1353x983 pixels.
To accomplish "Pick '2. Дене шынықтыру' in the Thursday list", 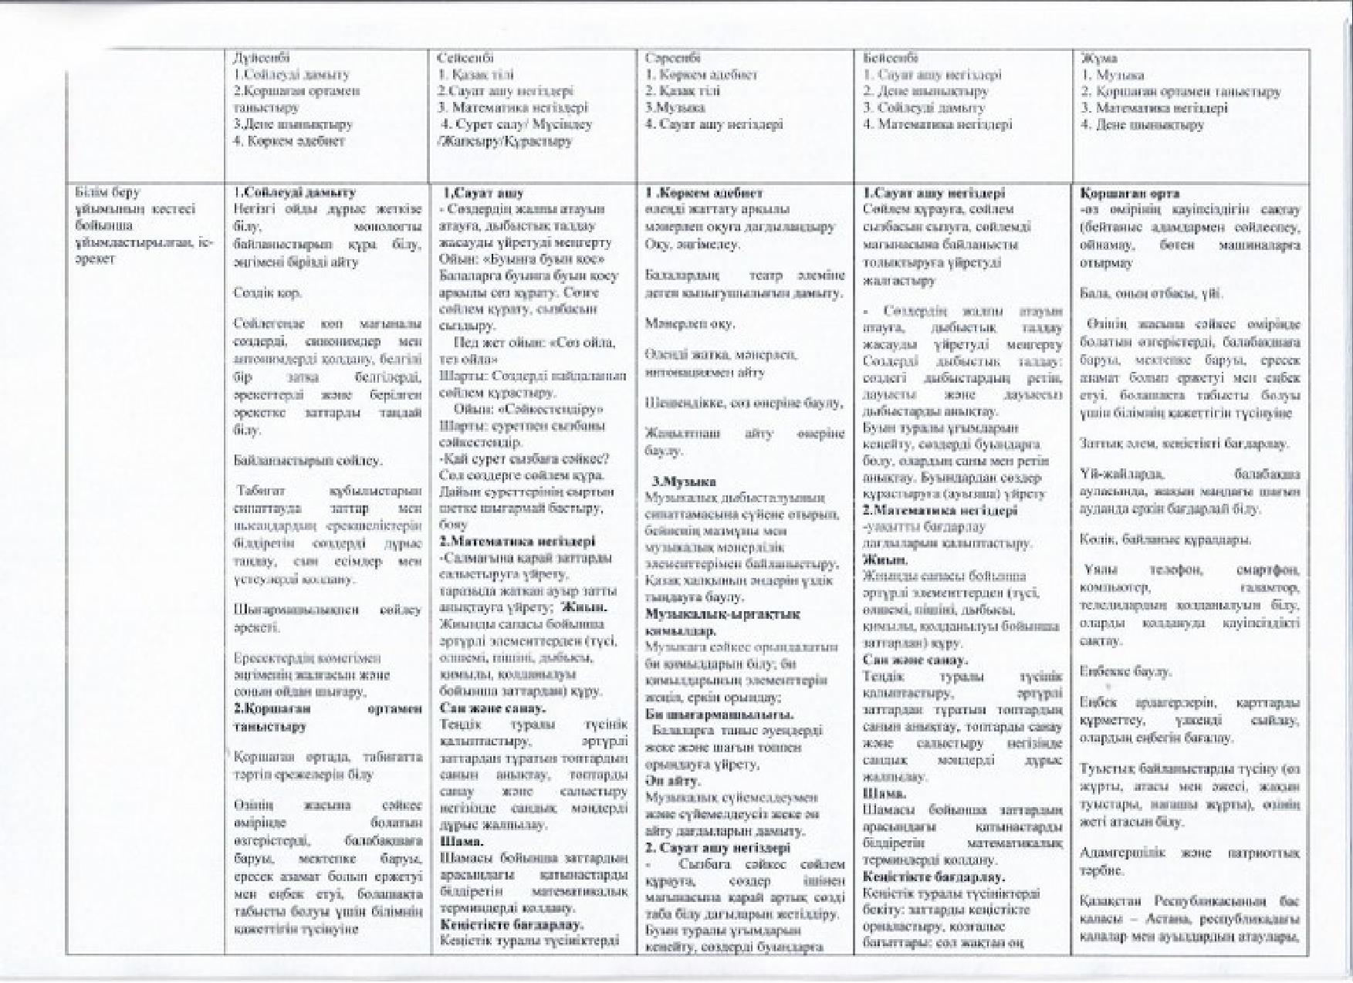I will point(925,91).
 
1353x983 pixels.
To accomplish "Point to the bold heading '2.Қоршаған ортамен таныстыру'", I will point(327,718).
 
